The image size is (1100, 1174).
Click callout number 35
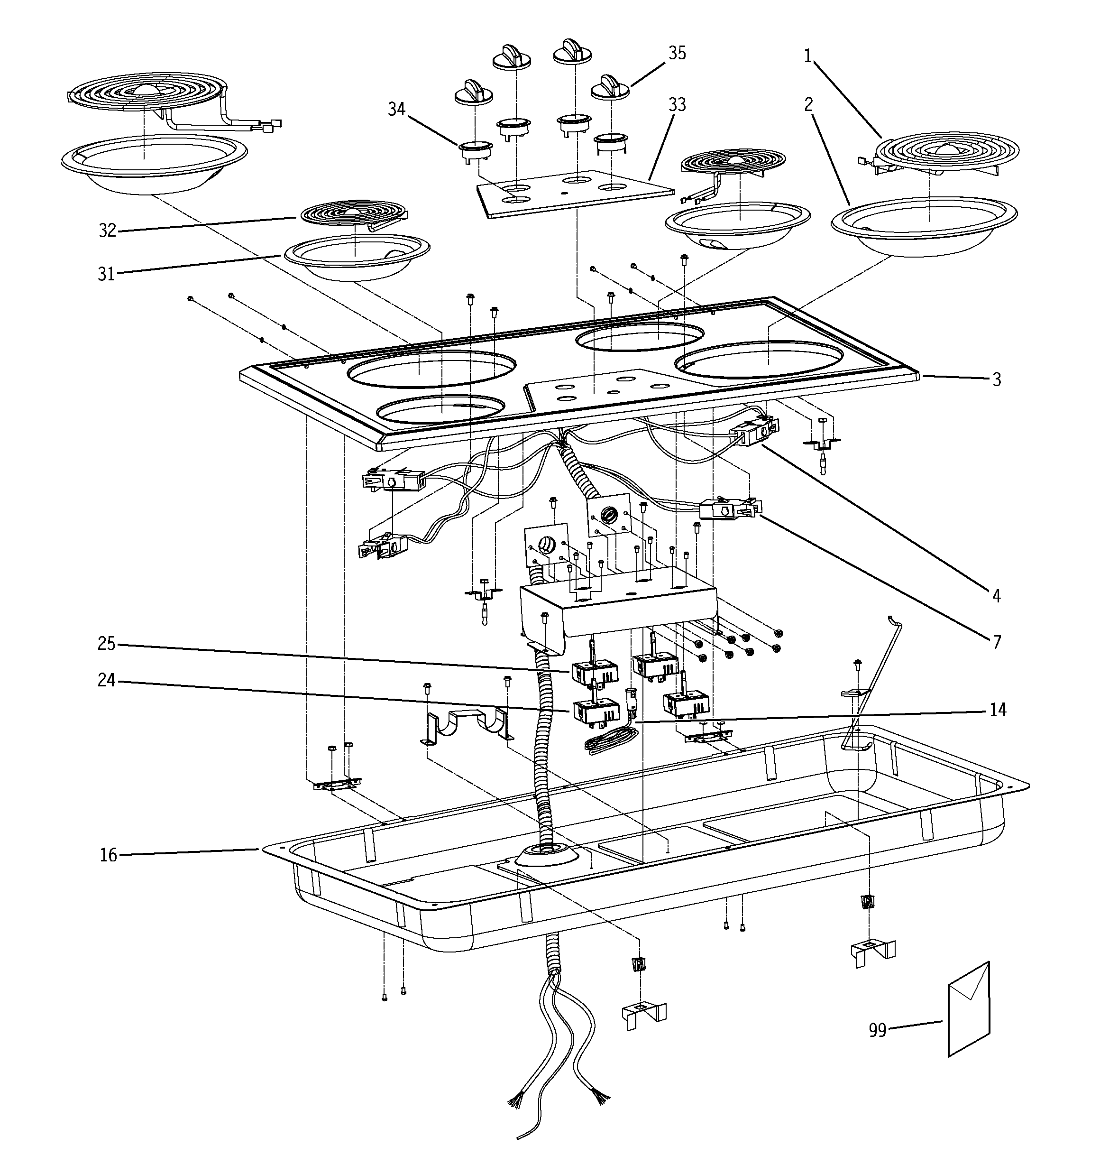pos(677,53)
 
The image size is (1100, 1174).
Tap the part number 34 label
pos(396,109)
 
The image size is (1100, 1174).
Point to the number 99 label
pos(878,1030)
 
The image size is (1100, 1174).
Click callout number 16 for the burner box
pos(108,855)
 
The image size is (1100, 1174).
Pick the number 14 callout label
pos(997,709)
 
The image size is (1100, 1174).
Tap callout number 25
pos(106,644)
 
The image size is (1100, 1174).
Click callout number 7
pos(996,642)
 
